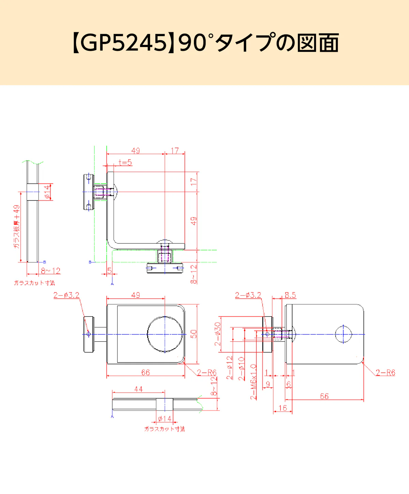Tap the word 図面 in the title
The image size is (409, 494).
(x=318, y=43)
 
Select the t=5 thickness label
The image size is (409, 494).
(x=125, y=163)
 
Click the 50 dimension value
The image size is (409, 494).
(x=194, y=334)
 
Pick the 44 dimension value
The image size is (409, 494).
(x=138, y=389)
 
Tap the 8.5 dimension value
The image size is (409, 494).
(x=290, y=295)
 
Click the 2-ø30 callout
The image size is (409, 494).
(x=218, y=334)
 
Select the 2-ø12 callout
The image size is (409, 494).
(x=230, y=368)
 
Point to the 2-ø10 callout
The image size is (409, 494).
(x=241, y=369)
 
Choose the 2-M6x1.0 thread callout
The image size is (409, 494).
(x=254, y=382)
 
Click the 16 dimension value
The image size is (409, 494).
(x=283, y=408)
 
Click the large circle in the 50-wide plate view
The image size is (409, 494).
(x=165, y=334)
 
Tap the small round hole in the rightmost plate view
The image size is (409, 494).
(x=343, y=334)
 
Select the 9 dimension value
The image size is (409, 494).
(x=268, y=384)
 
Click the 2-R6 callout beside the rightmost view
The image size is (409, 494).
(x=385, y=372)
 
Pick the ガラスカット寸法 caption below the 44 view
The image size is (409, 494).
(x=165, y=429)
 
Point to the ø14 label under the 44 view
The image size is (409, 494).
(x=165, y=419)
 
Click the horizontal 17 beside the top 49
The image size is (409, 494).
(x=175, y=151)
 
